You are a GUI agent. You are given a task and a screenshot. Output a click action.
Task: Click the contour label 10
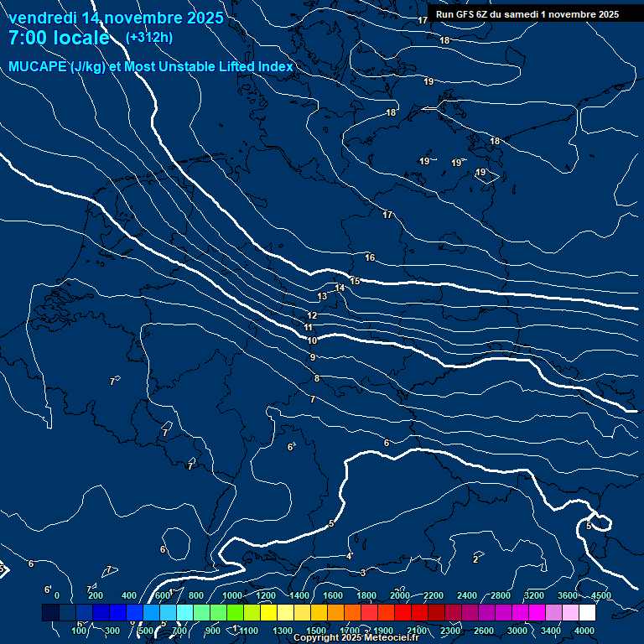(x=312, y=341)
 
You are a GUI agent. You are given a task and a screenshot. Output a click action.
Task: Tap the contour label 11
(x=309, y=328)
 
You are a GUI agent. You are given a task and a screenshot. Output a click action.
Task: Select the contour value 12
(x=312, y=315)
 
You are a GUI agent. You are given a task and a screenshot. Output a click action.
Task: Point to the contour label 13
(x=322, y=297)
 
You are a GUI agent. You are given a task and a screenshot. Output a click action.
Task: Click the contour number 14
(x=340, y=288)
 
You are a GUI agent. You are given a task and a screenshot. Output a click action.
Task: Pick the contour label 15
(x=355, y=282)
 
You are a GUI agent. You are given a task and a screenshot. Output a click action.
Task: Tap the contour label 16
(x=370, y=257)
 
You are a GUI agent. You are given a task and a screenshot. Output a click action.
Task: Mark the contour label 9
(x=312, y=358)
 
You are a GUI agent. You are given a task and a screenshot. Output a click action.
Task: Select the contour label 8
(x=316, y=379)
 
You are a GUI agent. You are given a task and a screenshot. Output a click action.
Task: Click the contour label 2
(x=475, y=559)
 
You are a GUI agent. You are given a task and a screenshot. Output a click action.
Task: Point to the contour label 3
(x=362, y=573)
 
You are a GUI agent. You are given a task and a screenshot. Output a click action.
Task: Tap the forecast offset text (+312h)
(x=148, y=38)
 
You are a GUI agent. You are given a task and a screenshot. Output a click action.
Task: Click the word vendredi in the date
(x=42, y=18)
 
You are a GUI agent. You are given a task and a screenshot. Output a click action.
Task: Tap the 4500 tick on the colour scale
(x=600, y=595)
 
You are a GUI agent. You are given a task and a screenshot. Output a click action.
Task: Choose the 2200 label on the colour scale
(x=434, y=595)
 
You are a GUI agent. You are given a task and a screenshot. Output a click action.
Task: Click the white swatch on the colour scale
(x=587, y=613)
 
